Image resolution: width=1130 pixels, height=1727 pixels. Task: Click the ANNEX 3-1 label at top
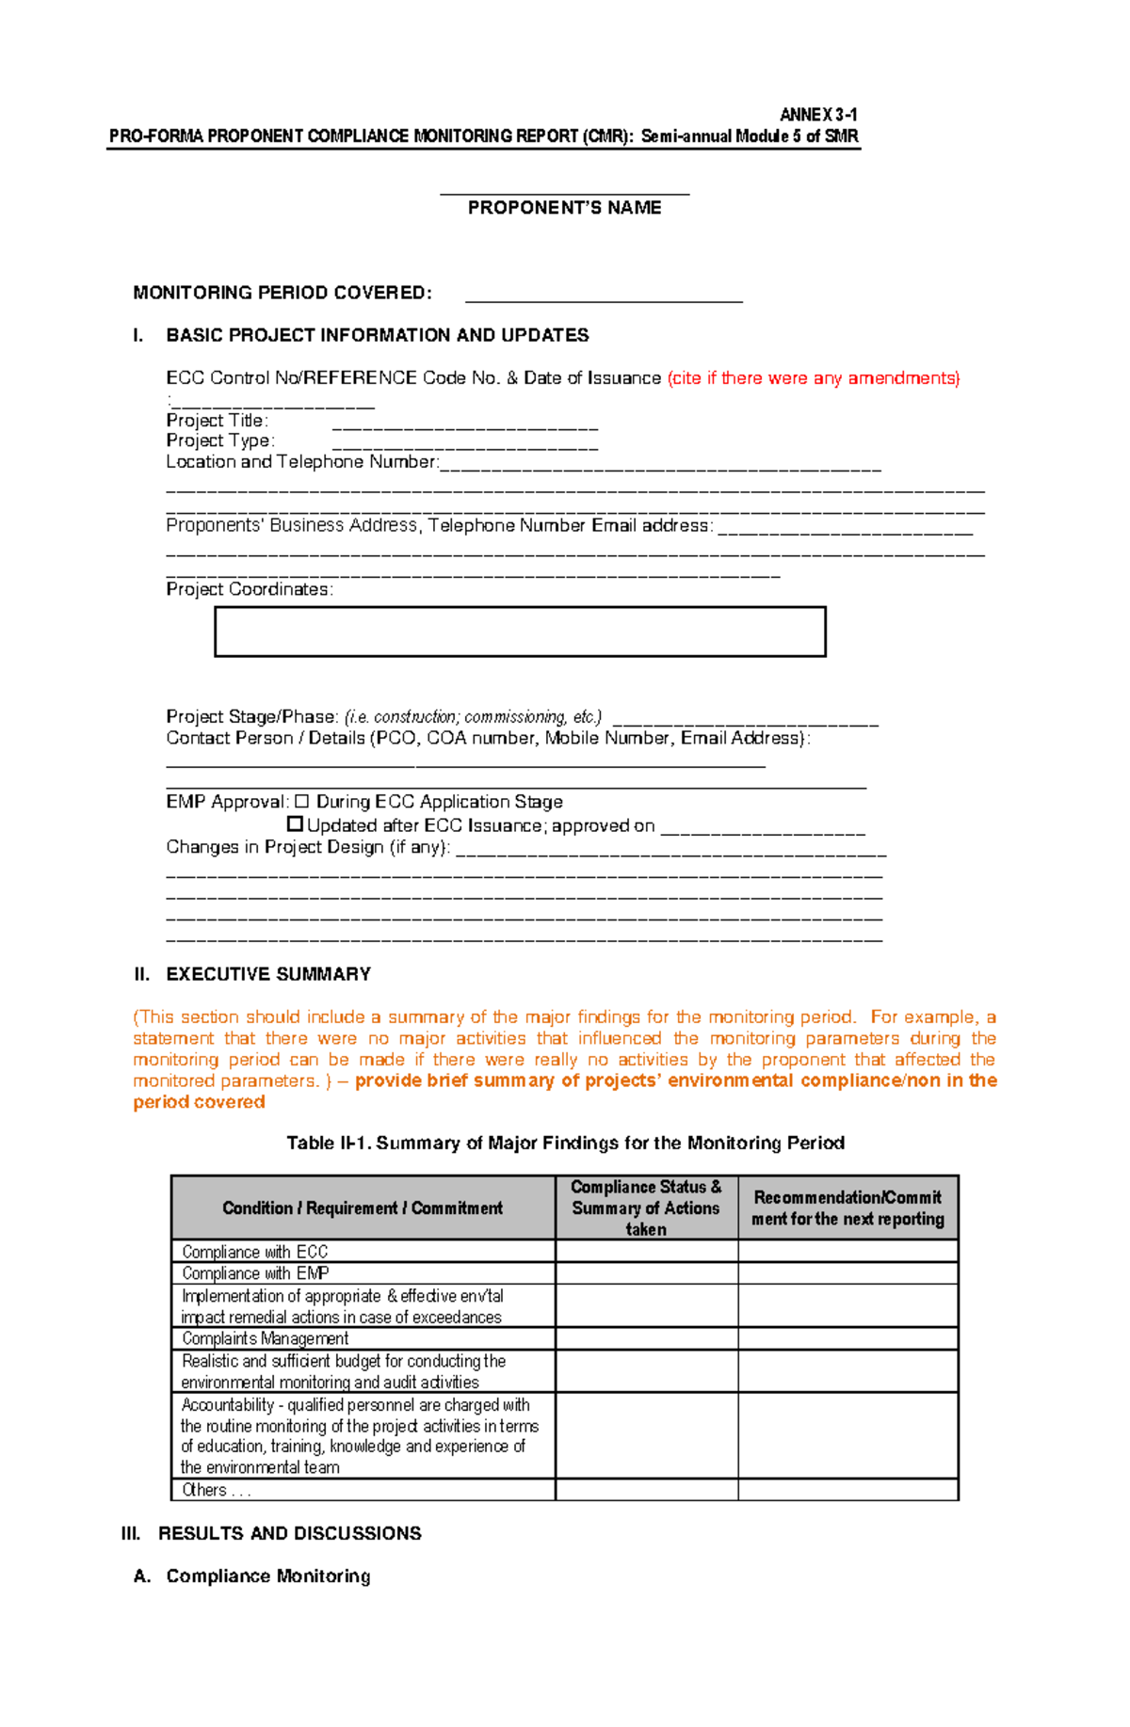point(817,115)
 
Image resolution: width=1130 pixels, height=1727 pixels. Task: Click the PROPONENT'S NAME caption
point(564,208)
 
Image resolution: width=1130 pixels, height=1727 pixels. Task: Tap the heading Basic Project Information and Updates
point(377,335)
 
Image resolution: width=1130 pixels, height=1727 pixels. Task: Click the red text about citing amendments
point(814,378)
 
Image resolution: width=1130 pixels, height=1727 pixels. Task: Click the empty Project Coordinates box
point(520,632)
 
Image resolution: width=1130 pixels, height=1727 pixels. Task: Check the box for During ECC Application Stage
point(301,802)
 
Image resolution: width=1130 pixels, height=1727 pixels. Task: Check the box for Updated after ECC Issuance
point(295,824)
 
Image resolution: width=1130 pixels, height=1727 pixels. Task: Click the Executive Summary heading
point(267,974)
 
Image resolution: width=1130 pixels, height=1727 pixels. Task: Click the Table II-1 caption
point(565,1143)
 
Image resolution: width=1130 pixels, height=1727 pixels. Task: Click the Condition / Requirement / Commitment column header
point(363,1208)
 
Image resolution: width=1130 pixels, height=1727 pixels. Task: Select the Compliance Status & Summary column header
point(646,1207)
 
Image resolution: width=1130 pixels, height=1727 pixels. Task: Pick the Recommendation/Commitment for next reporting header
point(847,1208)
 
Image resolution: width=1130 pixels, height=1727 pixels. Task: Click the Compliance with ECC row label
point(254,1252)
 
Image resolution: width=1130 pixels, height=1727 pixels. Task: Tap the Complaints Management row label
point(265,1338)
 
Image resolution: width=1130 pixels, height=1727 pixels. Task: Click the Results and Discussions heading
point(289,1533)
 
